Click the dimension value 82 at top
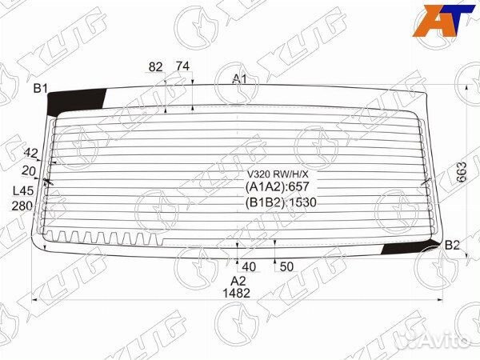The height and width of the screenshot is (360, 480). [x=156, y=66]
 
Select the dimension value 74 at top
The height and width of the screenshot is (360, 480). [x=182, y=66]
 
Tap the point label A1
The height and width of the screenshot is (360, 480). [x=239, y=78]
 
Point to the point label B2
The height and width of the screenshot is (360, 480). [x=452, y=245]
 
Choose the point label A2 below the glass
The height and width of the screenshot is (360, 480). [x=238, y=280]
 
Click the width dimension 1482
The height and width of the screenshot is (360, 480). [x=238, y=293]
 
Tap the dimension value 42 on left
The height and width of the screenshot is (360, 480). [x=31, y=153]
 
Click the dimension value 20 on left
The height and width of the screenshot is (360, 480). [x=30, y=170]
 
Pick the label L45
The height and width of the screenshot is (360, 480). [x=24, y=190]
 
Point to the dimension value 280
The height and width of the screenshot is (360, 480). [x=23, y=206]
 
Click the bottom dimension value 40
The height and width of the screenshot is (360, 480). [x=249, y=266]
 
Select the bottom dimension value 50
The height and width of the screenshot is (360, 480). [x=287, y=266]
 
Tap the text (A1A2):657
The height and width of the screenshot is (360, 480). [x=276, y=187]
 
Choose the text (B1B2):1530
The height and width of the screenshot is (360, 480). [x=281, y=202]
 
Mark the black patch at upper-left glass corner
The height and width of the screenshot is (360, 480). [x=76, y=102]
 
